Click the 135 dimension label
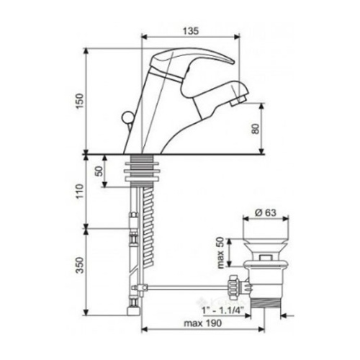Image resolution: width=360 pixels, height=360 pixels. pyautogui.click(x=191, y=31)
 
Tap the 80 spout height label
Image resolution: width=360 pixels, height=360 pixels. pyautogui.click(x=256, y=129)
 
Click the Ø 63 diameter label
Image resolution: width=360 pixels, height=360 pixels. pyautogui.click(x=266, y=212)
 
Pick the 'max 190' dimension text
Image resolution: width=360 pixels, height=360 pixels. pyautogui.click(x=203, y=323)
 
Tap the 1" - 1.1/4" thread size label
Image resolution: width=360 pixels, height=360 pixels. pyautogui.click(x=223, y=310)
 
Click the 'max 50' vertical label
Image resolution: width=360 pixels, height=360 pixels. pyautogui.click(x=220, y=253)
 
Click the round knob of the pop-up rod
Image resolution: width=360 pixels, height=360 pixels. pyautogui.click(x=127, y=117)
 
